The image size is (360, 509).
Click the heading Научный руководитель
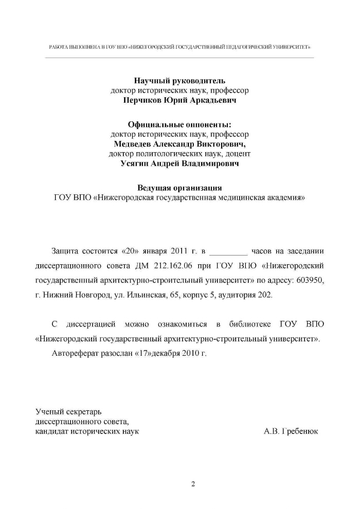[179, 81]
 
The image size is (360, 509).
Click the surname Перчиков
[143, 101]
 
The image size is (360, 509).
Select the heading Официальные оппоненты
[179, 124]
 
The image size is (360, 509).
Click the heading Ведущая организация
[179, 187]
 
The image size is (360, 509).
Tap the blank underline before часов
[229, 252]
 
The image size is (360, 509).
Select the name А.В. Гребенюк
[291, 431]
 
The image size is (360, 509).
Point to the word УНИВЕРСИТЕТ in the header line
[291, 46]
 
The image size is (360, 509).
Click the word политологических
[158, 154]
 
